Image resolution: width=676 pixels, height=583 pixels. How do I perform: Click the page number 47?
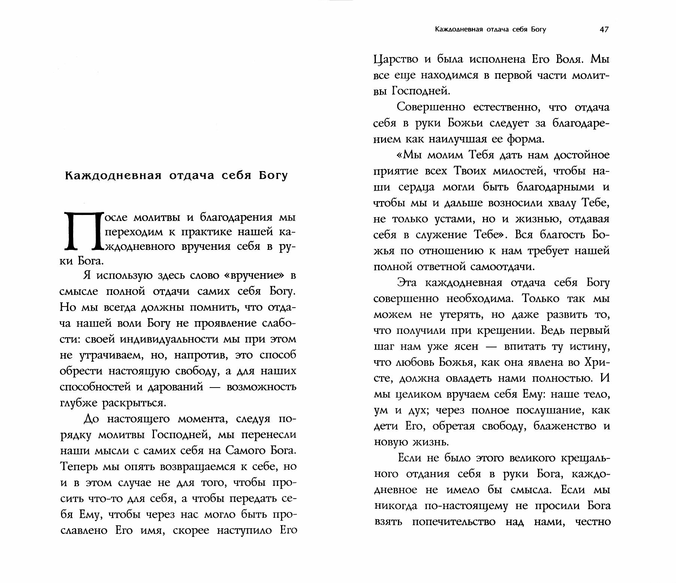click(x=604, y=30)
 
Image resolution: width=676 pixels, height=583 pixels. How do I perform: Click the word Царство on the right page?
click(x=396, y=60)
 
